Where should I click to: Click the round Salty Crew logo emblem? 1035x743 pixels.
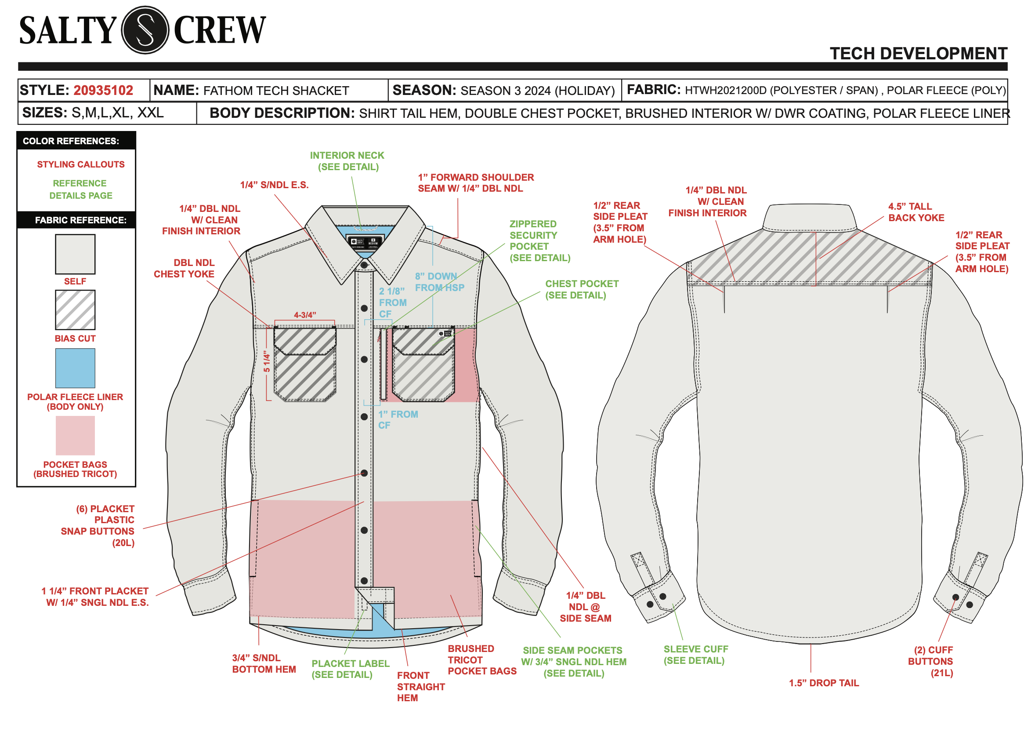tap(145, 30)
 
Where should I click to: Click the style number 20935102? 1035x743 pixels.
tap(104, 91)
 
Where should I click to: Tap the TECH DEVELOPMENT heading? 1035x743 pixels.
tap(918, 54)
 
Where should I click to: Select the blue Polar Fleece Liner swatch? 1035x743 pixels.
tap(75, 368)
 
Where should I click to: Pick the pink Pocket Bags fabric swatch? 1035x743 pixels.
tap(75, 435)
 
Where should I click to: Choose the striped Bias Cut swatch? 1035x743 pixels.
tap(75, 310)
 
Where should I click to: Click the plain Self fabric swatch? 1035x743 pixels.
tap(75, 254)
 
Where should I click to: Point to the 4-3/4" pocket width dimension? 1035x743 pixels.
tap(304, 315)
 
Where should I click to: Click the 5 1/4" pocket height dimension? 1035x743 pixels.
tap(267, 361)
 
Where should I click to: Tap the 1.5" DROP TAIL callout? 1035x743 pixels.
tap(823, 683)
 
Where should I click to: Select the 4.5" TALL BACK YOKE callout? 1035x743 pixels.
tap(916, 212)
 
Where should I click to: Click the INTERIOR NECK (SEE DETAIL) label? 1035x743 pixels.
tap(347, 161)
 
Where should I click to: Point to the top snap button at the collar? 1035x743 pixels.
tap(364, 265)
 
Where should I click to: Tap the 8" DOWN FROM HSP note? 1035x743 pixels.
tap(439, 282)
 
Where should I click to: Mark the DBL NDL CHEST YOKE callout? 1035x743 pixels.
tap(184, 269)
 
